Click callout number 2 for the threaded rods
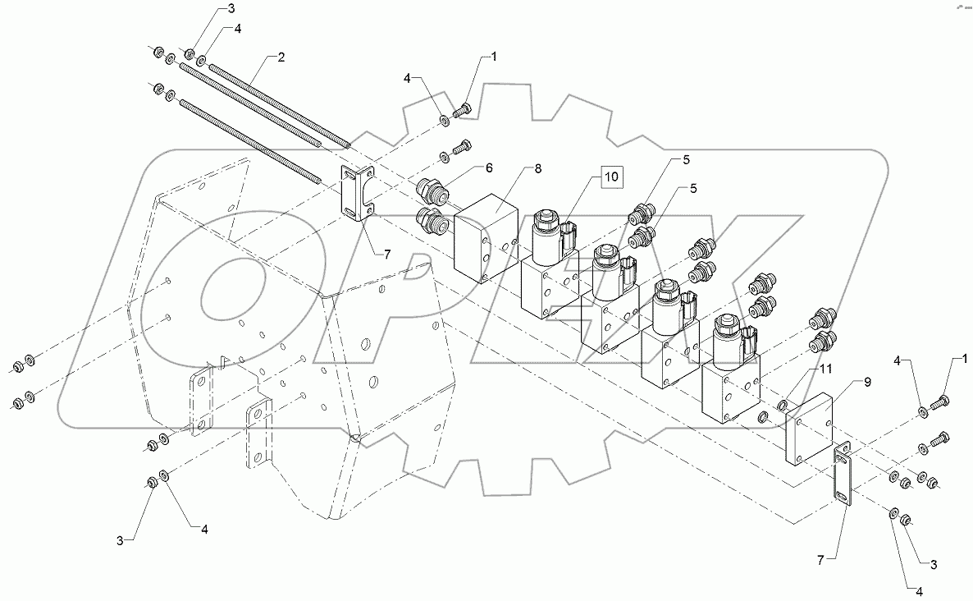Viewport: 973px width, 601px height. [x=281, y=57]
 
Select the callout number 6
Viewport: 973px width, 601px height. [x=488, y=167]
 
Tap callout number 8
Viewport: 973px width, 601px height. [x=538, y=169]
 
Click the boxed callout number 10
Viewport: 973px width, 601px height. [x=613, y=176]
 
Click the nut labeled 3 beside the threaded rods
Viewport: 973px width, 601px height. [x=190, y=54]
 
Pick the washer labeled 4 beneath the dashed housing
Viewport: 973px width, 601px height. [x=165, y=475]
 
